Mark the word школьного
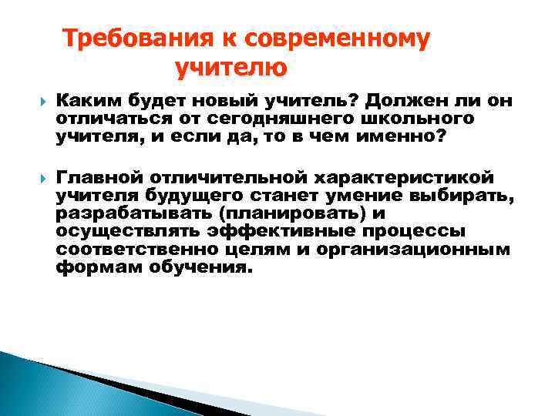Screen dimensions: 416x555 (423, 120)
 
